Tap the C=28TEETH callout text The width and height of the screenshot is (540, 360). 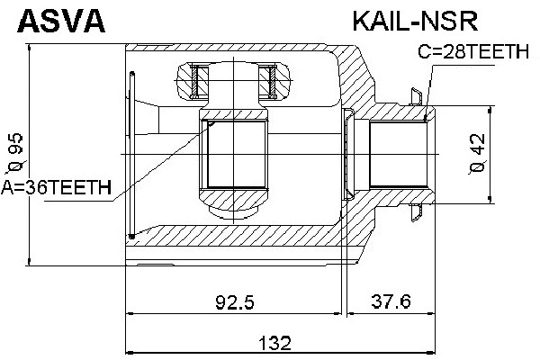pos(473,54)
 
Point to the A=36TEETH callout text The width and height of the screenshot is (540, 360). pos(56,188)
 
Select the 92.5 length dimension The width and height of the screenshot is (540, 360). pos(236,301)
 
